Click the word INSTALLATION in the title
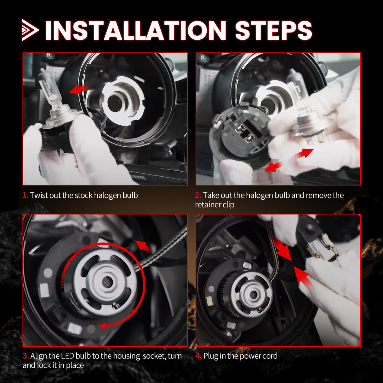click(x=136, y=31)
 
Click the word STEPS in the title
click(x=273, y=31)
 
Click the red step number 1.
click(x=25, y=195)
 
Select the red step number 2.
click(x=198, y=195)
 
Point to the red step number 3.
click(x=26, y=356)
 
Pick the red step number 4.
click(x=198, y=356)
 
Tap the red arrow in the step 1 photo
click(x=78, y=89)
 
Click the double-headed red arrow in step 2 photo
click(x=289, y=160)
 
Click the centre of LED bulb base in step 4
click(x=253, y=295)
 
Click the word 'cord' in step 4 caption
click(x=270, y=356)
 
